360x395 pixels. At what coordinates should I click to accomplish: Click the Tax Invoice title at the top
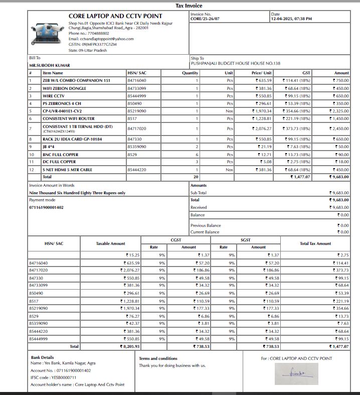pyautogui.click(x=189, y=6)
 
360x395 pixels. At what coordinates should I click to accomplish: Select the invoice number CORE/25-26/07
pyautogui.click(x=205, y=19)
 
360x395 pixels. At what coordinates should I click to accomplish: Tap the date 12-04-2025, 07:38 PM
pyautogui.click(x=291, y=19)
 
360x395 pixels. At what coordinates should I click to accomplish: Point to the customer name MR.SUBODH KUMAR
pyautogui.click(x=50, y=65)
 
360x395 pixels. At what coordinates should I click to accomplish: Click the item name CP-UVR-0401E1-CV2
pyautogui.click(x=62, y=111)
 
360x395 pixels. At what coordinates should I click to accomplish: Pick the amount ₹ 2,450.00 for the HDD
pyautogui.click(x=339, y=128)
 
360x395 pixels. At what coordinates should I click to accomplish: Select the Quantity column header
pyautogui.click(x=190, y=73)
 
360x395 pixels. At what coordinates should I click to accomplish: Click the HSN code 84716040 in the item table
pyautogui.click(x=137, y=80)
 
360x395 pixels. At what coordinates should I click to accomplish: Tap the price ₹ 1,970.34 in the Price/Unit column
pyautogui.click(x=263, y=111)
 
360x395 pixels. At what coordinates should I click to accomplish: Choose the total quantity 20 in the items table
pyautogui.click(x=197, y=177)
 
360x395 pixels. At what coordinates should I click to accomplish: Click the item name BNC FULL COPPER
pyautogui.click(x=61, y=155)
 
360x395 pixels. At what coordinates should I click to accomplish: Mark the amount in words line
pyautogui.click(x=77, y=193)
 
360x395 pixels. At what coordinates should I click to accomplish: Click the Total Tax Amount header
pyautogui.click(x=315, y=243)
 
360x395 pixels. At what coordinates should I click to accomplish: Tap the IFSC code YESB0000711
pyautogui.click(x=65, y=377)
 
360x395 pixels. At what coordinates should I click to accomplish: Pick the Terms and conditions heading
pyautogui.click(x=158, y=358)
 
